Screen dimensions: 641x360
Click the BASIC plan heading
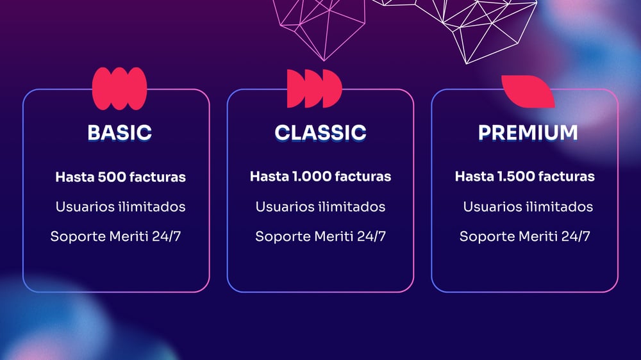(119, 133)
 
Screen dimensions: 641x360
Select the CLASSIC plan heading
(320, 133)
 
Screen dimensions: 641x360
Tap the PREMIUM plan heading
(528, 133)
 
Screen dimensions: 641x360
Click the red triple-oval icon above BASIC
(119, 88)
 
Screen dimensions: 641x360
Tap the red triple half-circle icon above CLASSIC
(314, 88)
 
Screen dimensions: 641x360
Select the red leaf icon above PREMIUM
(528, 92)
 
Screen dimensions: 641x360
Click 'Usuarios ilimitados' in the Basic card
(121, 207)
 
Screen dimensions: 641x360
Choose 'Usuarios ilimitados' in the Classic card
(320, 207)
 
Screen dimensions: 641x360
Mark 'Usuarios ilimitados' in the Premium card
(528, 207)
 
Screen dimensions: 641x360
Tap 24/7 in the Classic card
(371, 236)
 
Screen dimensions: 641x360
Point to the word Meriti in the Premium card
(538, 236)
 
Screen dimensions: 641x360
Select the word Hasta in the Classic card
(269, 177)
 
